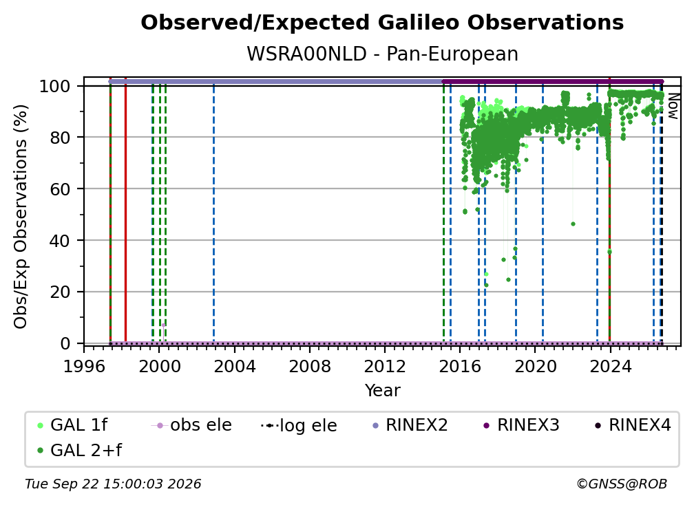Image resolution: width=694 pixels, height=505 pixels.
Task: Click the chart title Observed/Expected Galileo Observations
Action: pos(382,23)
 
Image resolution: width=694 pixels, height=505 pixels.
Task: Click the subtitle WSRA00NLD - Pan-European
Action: pos(382,54)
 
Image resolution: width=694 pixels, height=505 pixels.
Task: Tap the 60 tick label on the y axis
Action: pos(61,189)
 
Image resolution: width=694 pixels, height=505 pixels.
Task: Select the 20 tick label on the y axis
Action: pos(61,292)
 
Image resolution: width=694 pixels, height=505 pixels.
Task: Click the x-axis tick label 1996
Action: pos(84,367)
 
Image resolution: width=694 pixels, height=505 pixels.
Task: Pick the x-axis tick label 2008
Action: pos(309,367)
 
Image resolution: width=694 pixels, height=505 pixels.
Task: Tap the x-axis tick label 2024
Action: pos(610,367)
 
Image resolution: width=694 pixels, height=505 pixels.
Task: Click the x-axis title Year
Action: pos(382,391)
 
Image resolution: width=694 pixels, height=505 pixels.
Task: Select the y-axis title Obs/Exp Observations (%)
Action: pos(21,216)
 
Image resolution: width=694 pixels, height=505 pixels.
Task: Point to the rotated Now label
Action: pos(673,106)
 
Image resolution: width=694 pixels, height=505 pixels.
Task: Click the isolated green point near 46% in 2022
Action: pos(573,224)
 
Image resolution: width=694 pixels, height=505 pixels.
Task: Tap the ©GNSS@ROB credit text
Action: pos(622,484)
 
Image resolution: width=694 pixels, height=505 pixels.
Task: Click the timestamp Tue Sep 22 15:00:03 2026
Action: pos(113,484)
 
